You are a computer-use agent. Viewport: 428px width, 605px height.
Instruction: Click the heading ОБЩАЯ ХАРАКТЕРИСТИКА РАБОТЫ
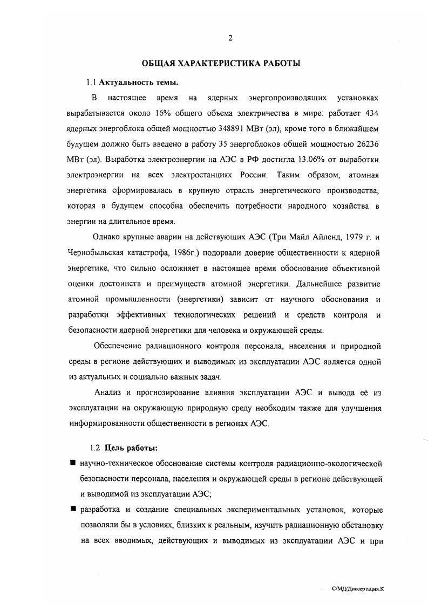[221, 64]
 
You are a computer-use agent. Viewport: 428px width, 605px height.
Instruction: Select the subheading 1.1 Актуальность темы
[133, 82]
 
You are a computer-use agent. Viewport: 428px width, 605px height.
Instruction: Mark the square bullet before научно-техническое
[72, 463]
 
